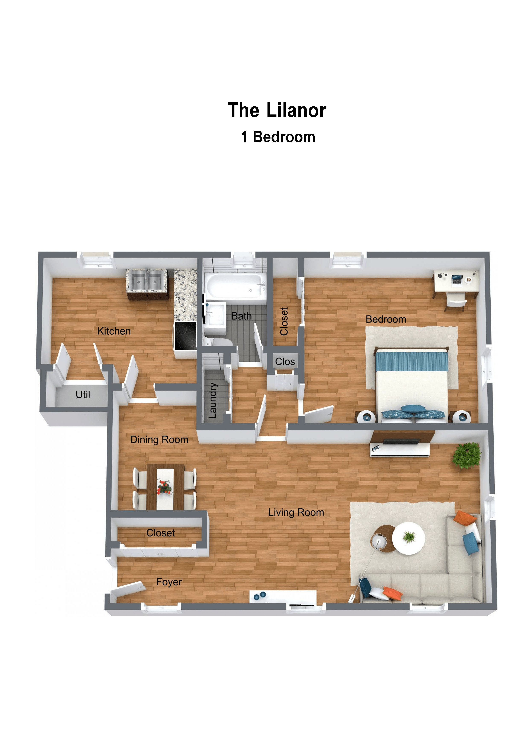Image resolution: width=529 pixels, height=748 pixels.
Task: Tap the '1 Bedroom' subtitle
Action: pyautogui.click(x=278, y=137)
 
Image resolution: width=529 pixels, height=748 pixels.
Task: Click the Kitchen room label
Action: pyautogui.click(x=114, y=331)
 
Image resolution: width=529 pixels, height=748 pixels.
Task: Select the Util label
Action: pyautogui.click(x=83, y=395)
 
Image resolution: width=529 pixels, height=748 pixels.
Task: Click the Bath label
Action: pyautogui.click(x=241, y=316)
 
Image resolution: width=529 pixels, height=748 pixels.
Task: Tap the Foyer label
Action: pyautogui.click(x=169, y=582)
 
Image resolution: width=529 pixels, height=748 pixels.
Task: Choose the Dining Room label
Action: pyautogui.click(x=159, y=440)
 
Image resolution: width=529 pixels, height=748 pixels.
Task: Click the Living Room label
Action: pyautogui.click(x=296, y=512)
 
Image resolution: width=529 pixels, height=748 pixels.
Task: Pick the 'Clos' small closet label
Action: pyautogui.click(x=285, y=362)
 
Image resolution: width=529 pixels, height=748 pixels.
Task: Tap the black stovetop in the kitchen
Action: pyautogui.click(x=185, y=336)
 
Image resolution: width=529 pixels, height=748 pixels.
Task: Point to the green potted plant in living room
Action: pyautogui.click(x=467, y=456)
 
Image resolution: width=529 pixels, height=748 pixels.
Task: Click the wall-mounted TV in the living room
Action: pyautogui.click(x=401, y=442)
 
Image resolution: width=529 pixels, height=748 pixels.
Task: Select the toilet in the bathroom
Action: pyautogui.click(x=218, y=341)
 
